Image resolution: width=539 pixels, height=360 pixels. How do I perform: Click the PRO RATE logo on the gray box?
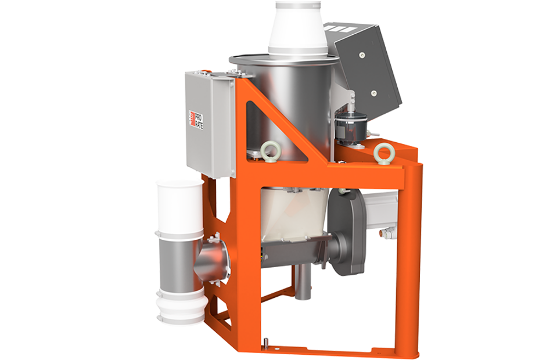pyautogui.click(x=196, y=119)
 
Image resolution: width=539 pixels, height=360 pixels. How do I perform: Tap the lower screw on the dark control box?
pyautogui.click(x=373, y=92)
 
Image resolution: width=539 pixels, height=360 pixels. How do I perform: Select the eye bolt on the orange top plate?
pyautogui.click(x=381, y=151)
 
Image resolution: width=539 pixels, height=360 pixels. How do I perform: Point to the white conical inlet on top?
pyautogui.click(x=297, y=28)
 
